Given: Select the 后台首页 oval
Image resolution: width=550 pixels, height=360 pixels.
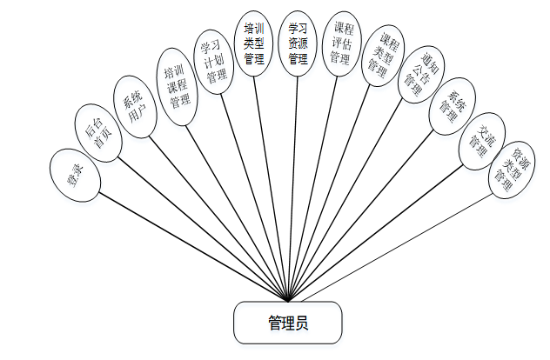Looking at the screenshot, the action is click(x=97, y=132).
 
